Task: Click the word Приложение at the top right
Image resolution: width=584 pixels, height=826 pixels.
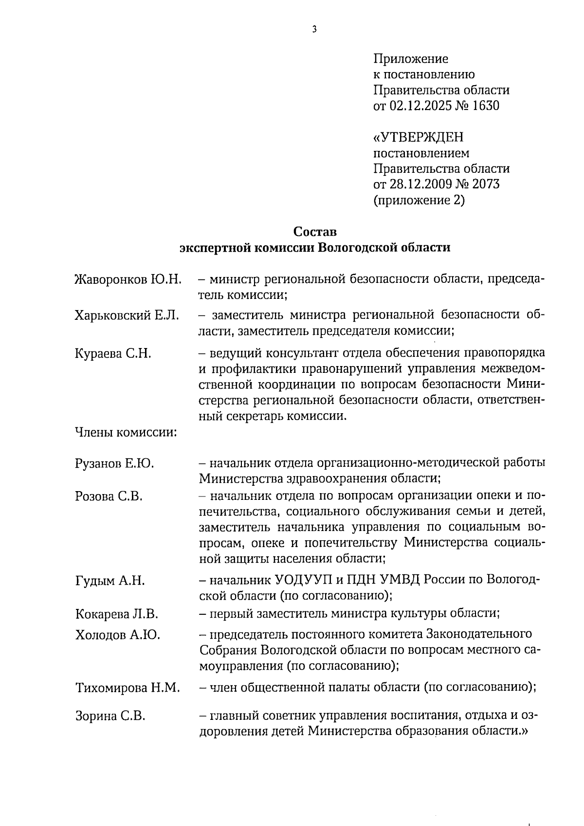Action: tap(410, 59)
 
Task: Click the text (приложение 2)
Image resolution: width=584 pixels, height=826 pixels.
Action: tap(419, 200)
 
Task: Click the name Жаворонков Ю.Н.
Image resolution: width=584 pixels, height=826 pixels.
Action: tap(128, 279)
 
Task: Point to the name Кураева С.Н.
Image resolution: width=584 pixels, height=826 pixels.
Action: tap(113, 353)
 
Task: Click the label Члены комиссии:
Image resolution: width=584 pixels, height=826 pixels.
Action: tap(126, 432)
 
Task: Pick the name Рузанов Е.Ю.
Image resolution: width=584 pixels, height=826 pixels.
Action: tap(114, 463)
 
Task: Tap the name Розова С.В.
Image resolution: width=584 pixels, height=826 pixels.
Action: tap(109, 496)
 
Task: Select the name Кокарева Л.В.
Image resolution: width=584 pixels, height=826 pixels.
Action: tap(117, 614)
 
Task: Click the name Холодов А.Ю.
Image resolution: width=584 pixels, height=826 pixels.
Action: tap(117, 635)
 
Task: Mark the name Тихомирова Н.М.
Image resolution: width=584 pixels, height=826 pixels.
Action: tap(128, 688)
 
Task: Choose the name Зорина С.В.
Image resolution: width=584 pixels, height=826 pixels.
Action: tap(110, 716)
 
